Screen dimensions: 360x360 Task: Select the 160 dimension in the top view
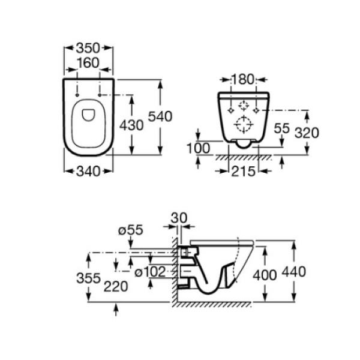88,63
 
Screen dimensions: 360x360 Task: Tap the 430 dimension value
132,125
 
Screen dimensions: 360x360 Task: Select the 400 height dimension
265,275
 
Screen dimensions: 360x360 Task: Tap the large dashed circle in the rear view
244,125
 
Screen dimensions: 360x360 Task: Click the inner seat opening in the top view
88,116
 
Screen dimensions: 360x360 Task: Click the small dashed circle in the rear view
244,106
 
